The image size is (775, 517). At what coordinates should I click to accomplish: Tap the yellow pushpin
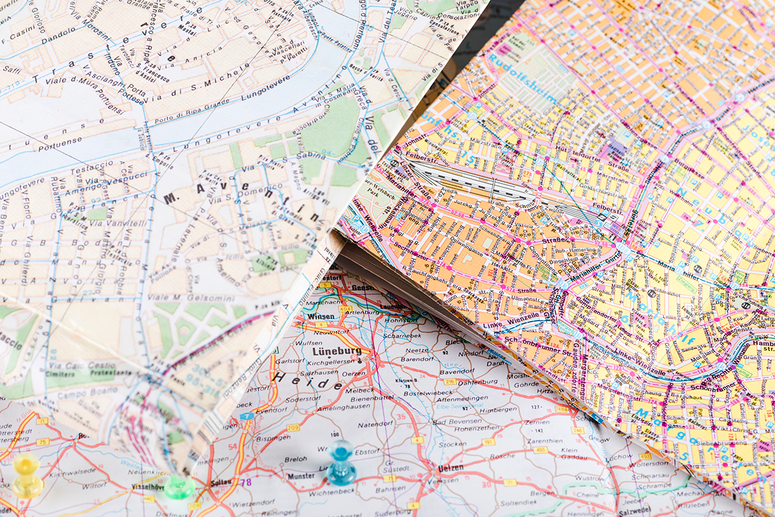tap(27, 476)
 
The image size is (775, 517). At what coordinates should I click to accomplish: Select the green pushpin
tap(178, 487)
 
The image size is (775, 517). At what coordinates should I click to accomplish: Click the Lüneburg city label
tap(336, 352)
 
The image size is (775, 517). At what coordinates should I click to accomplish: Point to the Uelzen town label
tap(450, 468)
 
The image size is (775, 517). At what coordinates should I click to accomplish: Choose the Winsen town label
tap(322, 317)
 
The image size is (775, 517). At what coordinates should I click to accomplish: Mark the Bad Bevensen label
tap(456, 421)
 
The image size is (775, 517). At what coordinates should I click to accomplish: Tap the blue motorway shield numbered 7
tap(246, 416)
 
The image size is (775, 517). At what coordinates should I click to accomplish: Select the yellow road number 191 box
tap(488, 442)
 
